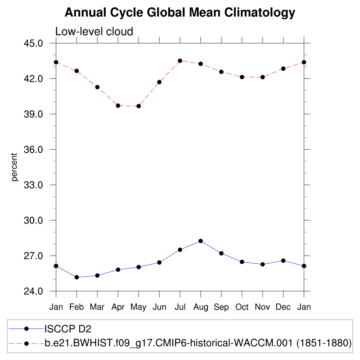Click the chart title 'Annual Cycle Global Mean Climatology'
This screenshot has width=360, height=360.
click(x=180, y=13)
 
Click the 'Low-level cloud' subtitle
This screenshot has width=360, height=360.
click(x=94, y=32)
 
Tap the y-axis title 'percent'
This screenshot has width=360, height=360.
click(x=14, y=167)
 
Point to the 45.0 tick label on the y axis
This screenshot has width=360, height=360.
click(x=33, y=43)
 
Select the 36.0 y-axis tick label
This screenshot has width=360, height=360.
click(x=33, y=149)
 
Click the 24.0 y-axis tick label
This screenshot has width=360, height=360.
click(x=33, y=291)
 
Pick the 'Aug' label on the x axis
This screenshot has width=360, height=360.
click(x=201, y=307)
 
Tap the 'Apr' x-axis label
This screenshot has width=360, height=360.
click(x=118, y=307)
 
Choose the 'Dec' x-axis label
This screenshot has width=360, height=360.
click(x=283, y=307)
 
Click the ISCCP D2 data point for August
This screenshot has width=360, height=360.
click(x=201, y=241)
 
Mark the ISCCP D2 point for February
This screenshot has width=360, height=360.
click(x=77, y=277)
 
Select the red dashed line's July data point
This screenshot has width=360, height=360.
click(x=180, y=61)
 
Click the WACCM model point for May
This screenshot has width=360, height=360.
click(x=139, y=106)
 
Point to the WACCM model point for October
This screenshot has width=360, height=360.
click(x=242, y=77)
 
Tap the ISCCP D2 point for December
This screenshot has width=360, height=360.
click(x=283, y=261)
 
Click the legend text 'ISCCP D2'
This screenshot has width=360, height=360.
click(x=67, y=329)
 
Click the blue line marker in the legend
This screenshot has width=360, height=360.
click(x=26, y=329)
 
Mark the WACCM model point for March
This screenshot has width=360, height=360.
click(x=97, y=87)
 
